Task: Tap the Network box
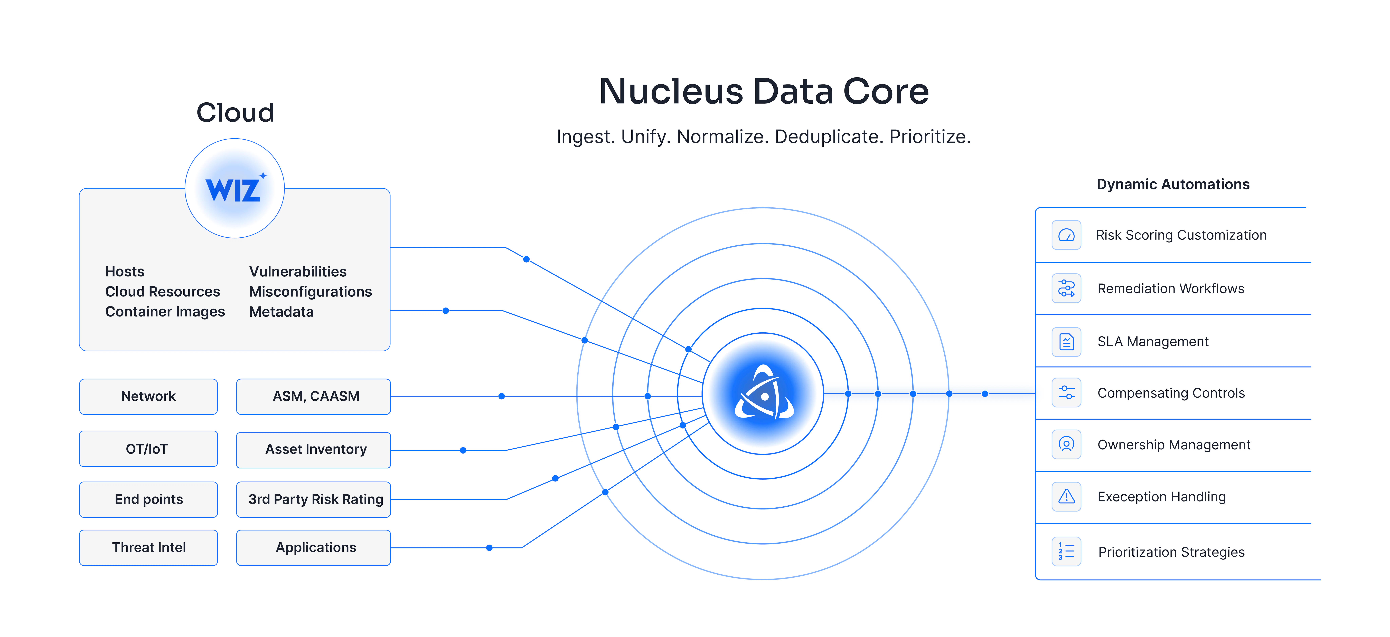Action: pyautogui.click(x=148, y=397)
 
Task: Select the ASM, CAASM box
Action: pyautogui.click(x=314, y=397)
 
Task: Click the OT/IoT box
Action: pyautogui.click(x=148, y=449)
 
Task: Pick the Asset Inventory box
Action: pyautogui.click(x=314, y=450)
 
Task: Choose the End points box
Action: pyautogui.click(x=148, y=499)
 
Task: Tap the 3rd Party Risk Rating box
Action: pyautogui.click(x=314, y=499)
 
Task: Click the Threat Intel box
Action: pyautogui.click(x=148, y=547)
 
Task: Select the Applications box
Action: pyautogui.click(x=314, y=547)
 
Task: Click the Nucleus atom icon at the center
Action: pyautogui.click(x=764, y=393)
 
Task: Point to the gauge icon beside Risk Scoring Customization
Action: pyautogui.click(x=1066, y=235)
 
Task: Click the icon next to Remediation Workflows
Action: pyautogui.click(x=1066, y=288)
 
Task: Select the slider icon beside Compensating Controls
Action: pyautogui.click(x=1066, y=393)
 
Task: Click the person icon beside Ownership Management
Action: pyautogui.click(x=1066, y=445)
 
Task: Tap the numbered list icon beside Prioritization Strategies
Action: pyautogui.click(x=1066, y=551)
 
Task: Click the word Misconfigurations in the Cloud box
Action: pyautogui.click(x=310, y=292)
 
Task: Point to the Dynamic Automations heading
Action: pyautogui.click(x=1173, y=185)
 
